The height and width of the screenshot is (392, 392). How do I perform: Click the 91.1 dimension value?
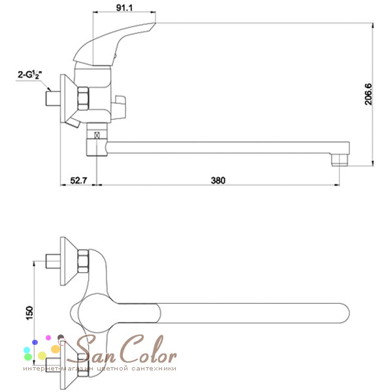(124, 8)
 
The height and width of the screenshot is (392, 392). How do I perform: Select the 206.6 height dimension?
(368, 94)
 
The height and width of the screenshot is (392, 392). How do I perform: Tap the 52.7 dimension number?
(78, 180)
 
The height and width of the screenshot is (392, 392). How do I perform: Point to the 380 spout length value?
(218, 180)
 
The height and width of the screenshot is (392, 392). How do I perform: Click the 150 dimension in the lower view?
(29, 313)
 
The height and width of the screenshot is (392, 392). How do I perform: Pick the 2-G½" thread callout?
(30, 74)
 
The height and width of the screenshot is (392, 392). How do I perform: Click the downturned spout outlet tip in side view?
(340, 160)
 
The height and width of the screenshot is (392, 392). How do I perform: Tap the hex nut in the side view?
(83, 98)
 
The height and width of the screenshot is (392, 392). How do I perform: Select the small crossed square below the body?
(97, 135)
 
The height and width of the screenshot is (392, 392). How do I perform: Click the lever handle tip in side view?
(152, 25)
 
